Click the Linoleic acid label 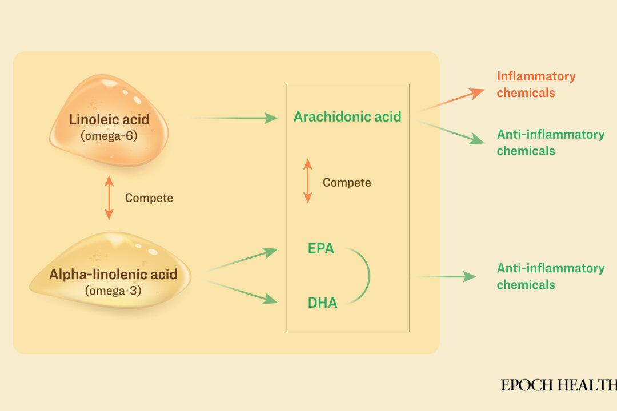(x=109, y=120)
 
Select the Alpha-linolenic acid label (x=113, y=274)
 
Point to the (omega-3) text (x=113, y=290)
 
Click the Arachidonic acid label (x=347, y=117)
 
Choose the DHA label (x=323, y=303)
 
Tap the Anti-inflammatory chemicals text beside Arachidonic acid (x=550, y=143)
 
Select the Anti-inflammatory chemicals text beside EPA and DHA (x=550, y=276)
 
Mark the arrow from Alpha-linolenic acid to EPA (x=243, y=260)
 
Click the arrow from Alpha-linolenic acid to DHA (x=243, y=291)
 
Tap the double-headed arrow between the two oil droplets (x=109, y=198)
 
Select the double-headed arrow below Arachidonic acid (x=307, y=182)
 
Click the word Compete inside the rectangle (x=347, y=183)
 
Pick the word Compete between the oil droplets (x=149, y=198)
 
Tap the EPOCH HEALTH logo (x=558, y=385)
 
